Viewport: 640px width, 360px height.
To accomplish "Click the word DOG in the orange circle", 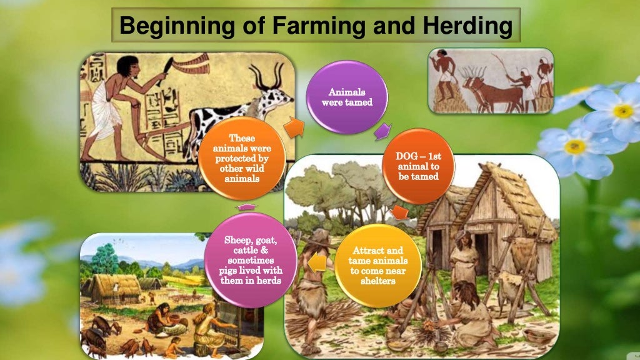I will [408, 156].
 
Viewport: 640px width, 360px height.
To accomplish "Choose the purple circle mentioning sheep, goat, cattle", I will [252, 259].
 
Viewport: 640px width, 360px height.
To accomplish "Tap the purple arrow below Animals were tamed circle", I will [381, 131].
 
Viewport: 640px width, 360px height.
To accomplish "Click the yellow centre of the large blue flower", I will [622, 111].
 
